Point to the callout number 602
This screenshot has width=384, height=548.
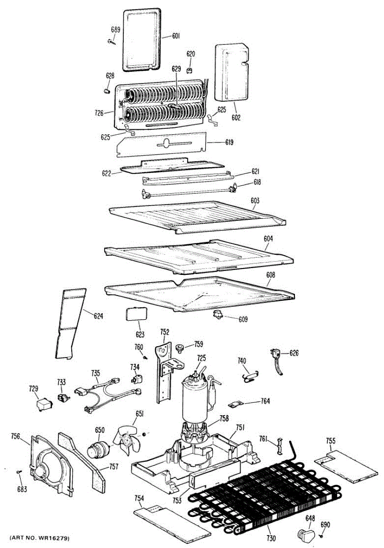(236, 117)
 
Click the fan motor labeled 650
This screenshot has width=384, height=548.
(97, 449)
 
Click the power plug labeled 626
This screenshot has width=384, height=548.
(275, 356)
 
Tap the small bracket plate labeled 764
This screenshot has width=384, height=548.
(237, 404)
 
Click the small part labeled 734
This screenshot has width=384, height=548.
(135, 379)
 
